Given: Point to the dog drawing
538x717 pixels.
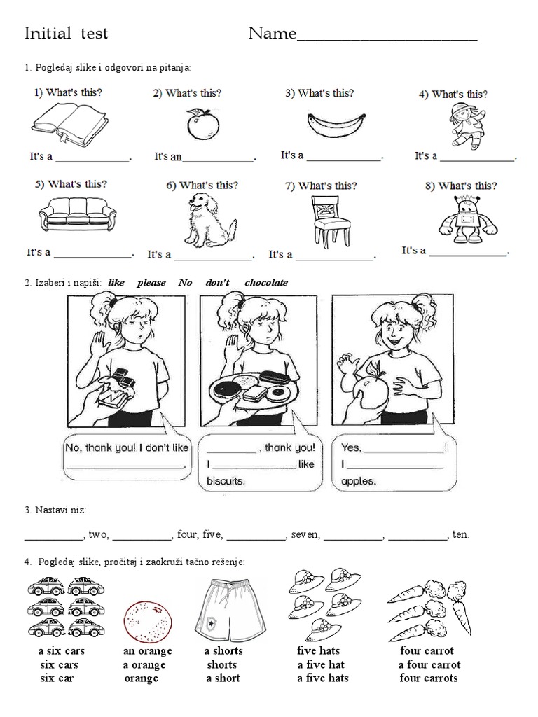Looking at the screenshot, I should pyautogui.click(x=200, y=221).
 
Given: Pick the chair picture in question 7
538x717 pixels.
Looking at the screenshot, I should pyautogui.click(x=330, y=221).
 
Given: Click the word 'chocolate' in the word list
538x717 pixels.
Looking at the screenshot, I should pyautogui.click(x=266, y=283).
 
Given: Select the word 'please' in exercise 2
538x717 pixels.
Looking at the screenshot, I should pyautogui.click(x=151, y=283).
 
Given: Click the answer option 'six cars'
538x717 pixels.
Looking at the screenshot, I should pyautogui.click(x=59, y=664).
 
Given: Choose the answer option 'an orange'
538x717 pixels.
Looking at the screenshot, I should pyautogui.click(x=147, y=650).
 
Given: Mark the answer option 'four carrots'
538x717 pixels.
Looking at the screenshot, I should pyautogui.click(x=429, y=678).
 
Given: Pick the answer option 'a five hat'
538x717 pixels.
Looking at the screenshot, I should pyautogui.click(x=321, y=664).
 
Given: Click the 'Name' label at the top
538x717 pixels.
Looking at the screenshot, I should pyautogui.click(x=273, y=34).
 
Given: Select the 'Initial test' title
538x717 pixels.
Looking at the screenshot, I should pyautogui.click(x=67, y=33).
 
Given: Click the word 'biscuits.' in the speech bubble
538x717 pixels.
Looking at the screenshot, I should pyautogui.click(x=226, y=481).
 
